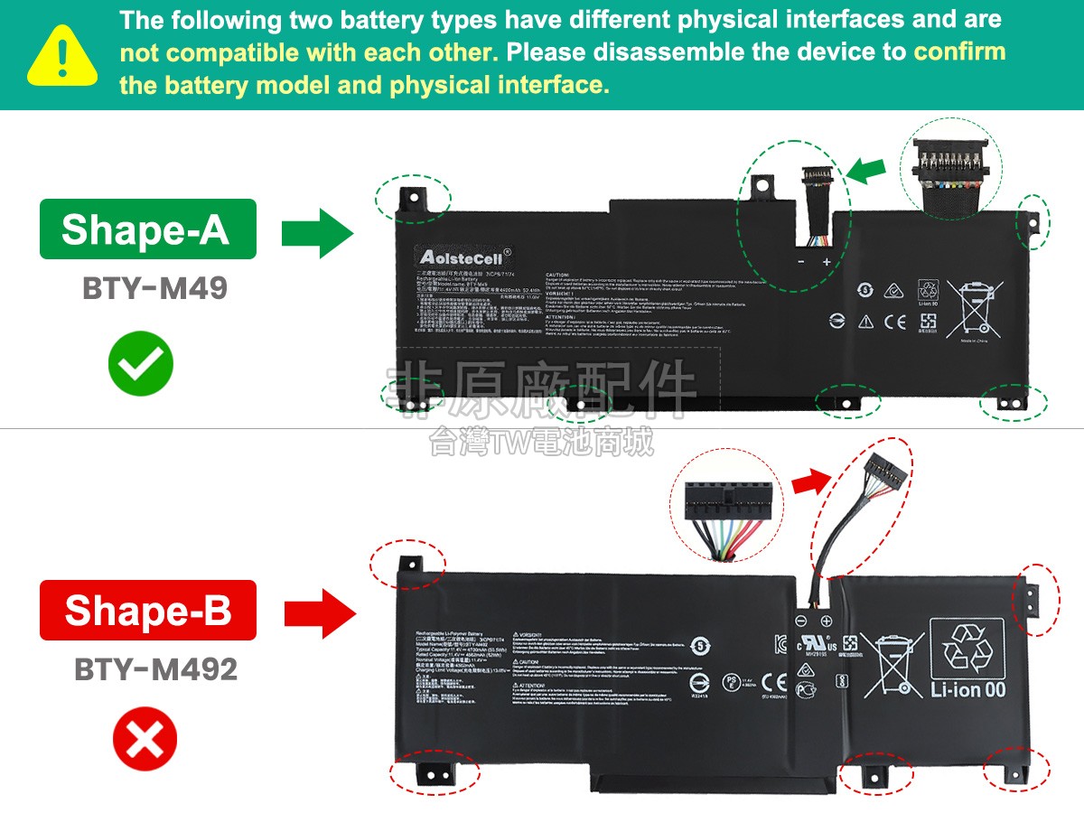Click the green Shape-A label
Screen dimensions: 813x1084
147,229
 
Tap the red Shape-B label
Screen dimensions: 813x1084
147,610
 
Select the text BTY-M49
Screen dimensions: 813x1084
154,289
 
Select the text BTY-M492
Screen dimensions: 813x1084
156,669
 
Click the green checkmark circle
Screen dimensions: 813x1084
141,363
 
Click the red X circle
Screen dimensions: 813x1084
145,743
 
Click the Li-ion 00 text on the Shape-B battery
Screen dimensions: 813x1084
967,690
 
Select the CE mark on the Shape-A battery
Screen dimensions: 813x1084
894,321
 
